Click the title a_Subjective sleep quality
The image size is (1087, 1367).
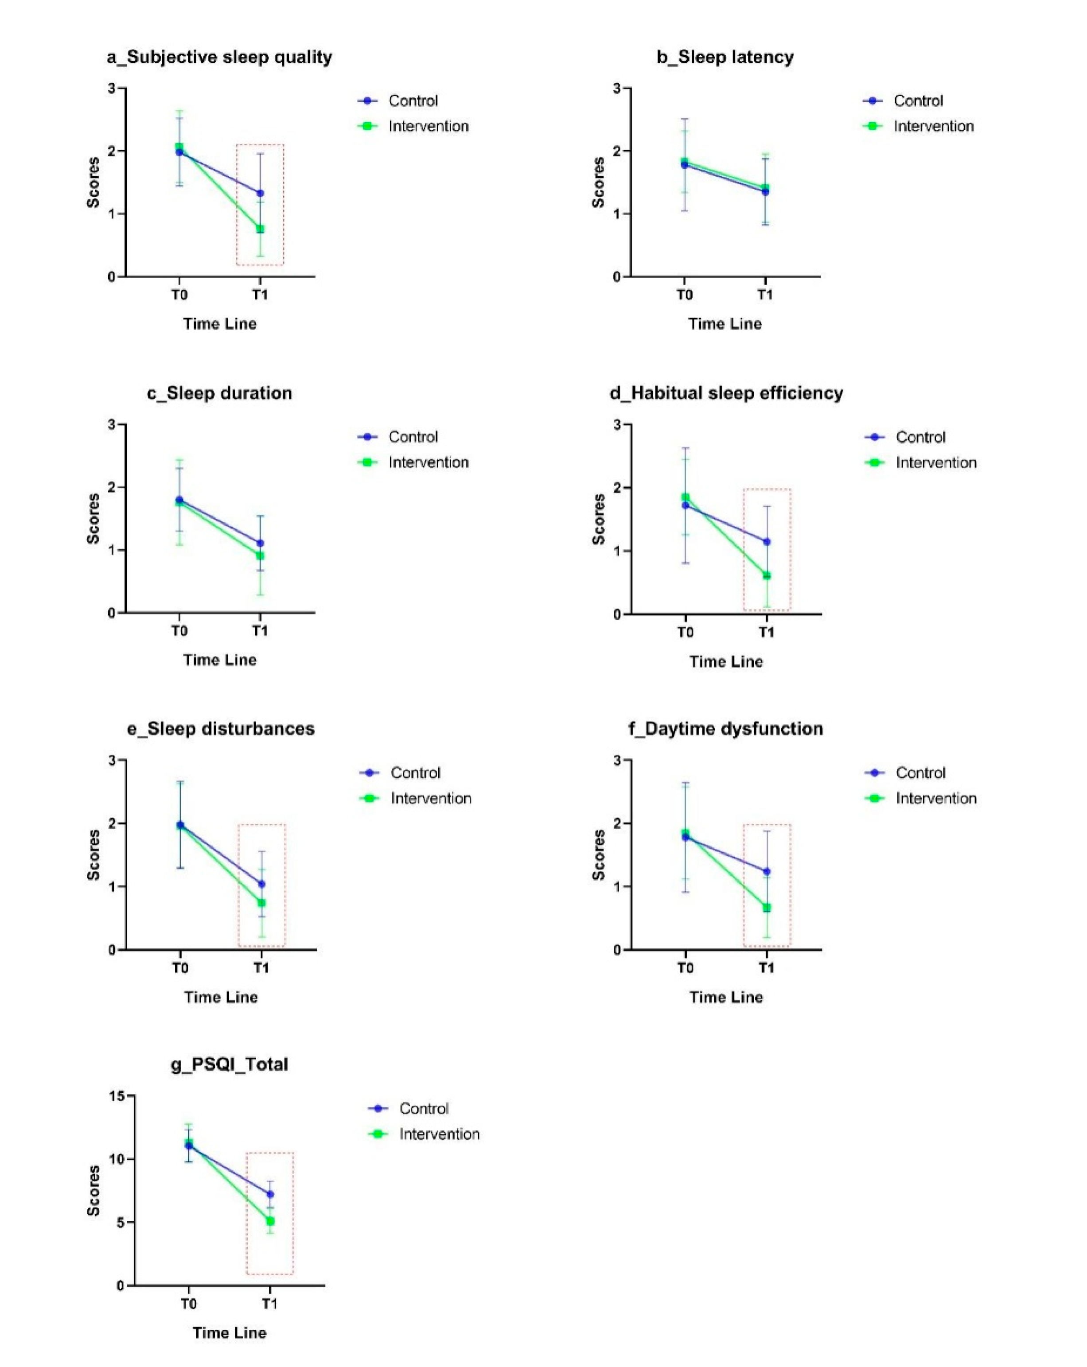tap(219, 57)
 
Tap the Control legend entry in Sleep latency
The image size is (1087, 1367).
tap(917, 101)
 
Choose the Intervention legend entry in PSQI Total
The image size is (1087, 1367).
tap(438, 1134)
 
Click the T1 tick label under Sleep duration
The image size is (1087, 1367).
tap(260, 631)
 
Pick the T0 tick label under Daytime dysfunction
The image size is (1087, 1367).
tap(685, 967)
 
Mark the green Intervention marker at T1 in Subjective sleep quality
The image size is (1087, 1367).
tap(260, 229)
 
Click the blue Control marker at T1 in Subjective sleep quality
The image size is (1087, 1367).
tap(260, 193)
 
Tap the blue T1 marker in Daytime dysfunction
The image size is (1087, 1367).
tap(766, 871)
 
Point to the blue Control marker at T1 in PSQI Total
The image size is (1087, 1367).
tap(270, 1194)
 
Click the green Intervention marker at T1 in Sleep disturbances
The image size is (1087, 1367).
tap(261, 903)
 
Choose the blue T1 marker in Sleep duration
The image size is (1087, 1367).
tap(260, 543)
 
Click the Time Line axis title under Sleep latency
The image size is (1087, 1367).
tap(725, 324)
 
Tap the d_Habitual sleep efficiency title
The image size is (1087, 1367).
tap(726, 393)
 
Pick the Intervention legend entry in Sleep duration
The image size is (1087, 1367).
tap(428, 462)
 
